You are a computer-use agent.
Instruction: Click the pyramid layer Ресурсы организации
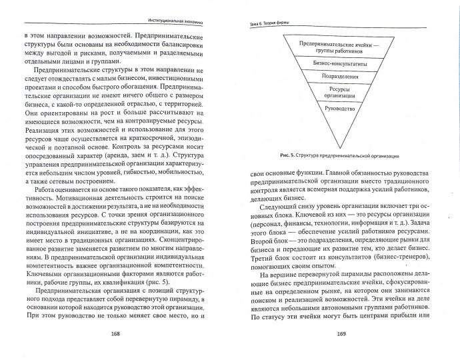pyautogui.click(x=339, y=91)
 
